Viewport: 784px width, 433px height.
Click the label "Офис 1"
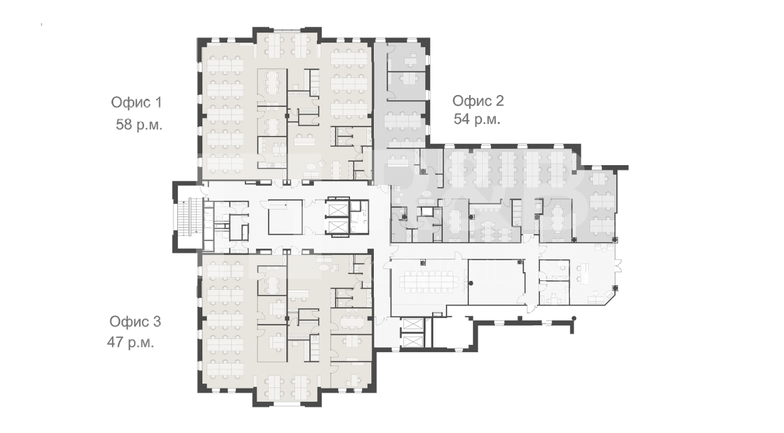[137, 103]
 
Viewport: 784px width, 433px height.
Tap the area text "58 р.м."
[139, 125]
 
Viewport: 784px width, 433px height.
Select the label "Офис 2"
[478, 101]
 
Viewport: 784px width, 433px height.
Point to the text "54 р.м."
[477, 120]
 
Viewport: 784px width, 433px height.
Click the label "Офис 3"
[135, 322]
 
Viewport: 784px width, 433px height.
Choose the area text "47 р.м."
[130, 342]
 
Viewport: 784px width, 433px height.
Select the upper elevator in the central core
[337, 210]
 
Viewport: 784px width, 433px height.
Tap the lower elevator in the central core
[337, 227]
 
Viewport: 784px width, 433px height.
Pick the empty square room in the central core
[286, 217]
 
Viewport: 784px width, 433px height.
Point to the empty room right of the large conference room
[496, 282]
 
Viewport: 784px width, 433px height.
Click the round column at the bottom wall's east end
[574, 318]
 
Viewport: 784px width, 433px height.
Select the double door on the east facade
[619, 266]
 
